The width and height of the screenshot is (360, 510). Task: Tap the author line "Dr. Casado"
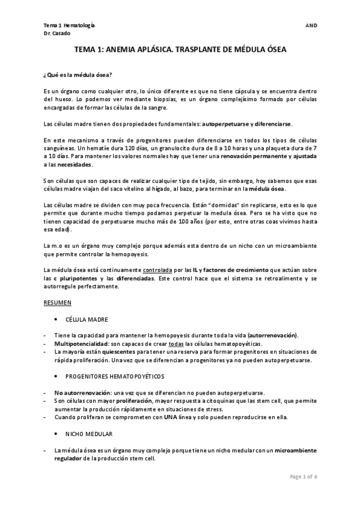pos(57,34)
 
